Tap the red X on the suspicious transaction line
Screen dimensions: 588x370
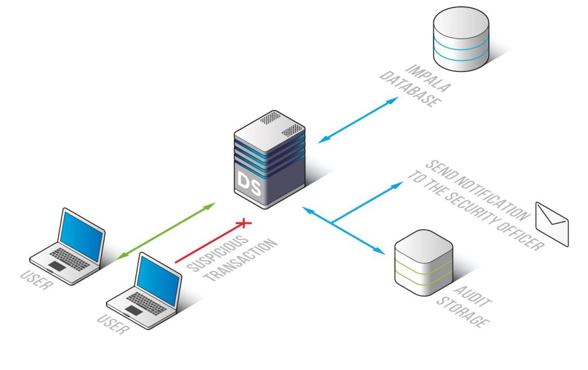[x=245, y=222]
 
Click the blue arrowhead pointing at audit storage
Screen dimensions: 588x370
[x=380, y=252]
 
